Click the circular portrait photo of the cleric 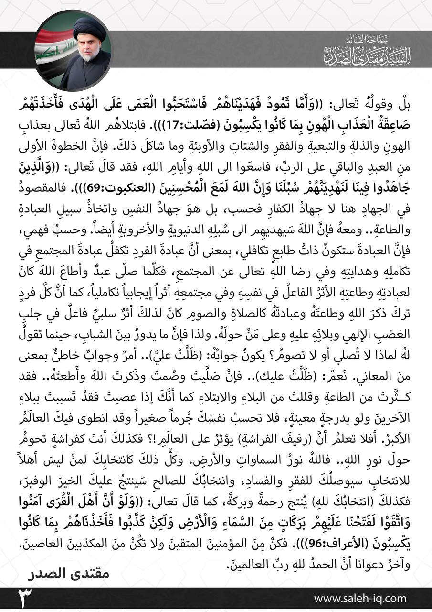pos(73,51)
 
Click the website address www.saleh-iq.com pos(360,598)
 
